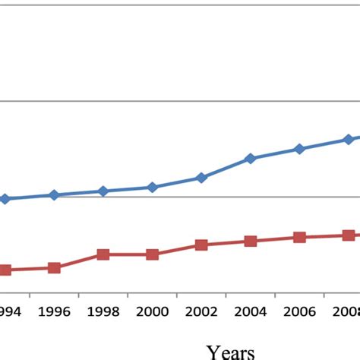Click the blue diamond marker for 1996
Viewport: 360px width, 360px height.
[x=54, y=195]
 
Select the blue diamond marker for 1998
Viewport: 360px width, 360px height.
[x=103, y=191]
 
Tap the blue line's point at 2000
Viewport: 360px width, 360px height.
[x=152, y=187]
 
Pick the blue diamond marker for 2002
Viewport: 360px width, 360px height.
[x=201, y=178]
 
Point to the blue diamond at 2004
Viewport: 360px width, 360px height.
[x=250, y=159]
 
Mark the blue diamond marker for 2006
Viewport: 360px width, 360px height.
[x=299, y=149]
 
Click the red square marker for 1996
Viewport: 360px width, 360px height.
[x=54, y=268]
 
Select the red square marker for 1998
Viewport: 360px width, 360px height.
[x=103, y=254]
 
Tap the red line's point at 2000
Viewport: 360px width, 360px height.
[x=152, y=254]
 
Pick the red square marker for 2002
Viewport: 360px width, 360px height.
[x=201, y=245]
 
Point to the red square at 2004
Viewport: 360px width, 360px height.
[x=250, y=241]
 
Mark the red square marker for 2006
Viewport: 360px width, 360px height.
[x=299, y=237]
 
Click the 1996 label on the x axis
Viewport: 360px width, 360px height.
[x=54, y=311]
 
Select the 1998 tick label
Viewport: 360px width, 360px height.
[x=103, y=311]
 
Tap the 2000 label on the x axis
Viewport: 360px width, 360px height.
[x=152, y=311]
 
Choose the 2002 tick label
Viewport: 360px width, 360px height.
[x=201, y=311]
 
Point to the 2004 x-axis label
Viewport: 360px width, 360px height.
[x=250, y=311]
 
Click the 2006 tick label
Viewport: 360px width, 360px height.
[x=299, y=311]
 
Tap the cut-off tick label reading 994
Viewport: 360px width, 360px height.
[x=11, y=311]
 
